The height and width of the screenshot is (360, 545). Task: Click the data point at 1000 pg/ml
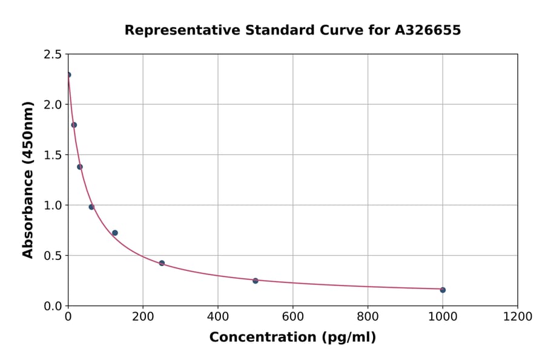click(443, 290)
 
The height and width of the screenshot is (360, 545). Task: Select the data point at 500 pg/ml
click(256, 281)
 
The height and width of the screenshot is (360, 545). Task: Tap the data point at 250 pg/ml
click(162, 263)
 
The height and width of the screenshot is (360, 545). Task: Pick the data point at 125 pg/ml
click(115, 233)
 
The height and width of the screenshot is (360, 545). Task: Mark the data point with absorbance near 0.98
click(91, 207)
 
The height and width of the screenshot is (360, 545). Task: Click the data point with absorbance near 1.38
click(80, 167)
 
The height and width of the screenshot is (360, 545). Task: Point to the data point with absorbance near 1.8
click(74, 125)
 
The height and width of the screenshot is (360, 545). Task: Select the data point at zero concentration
click(68, 75)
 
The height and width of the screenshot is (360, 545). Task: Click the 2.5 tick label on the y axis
click(53, 55)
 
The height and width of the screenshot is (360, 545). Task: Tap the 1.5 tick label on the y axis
click(53, 155)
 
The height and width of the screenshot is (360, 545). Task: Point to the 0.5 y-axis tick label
click(53, 256)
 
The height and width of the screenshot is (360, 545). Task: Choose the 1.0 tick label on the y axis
click(53, 205)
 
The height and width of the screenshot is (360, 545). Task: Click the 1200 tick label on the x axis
click(517, 317)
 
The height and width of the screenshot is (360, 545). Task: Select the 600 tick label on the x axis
click(292, 317)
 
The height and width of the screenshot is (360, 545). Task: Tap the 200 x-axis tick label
click(143, 317)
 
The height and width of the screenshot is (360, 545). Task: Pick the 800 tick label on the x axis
click(368, 317)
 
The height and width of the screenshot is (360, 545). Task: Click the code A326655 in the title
click(428, 30)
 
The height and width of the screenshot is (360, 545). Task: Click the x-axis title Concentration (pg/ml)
click(292, 338)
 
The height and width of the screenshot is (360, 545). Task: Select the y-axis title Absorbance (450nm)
click(28, 179)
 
